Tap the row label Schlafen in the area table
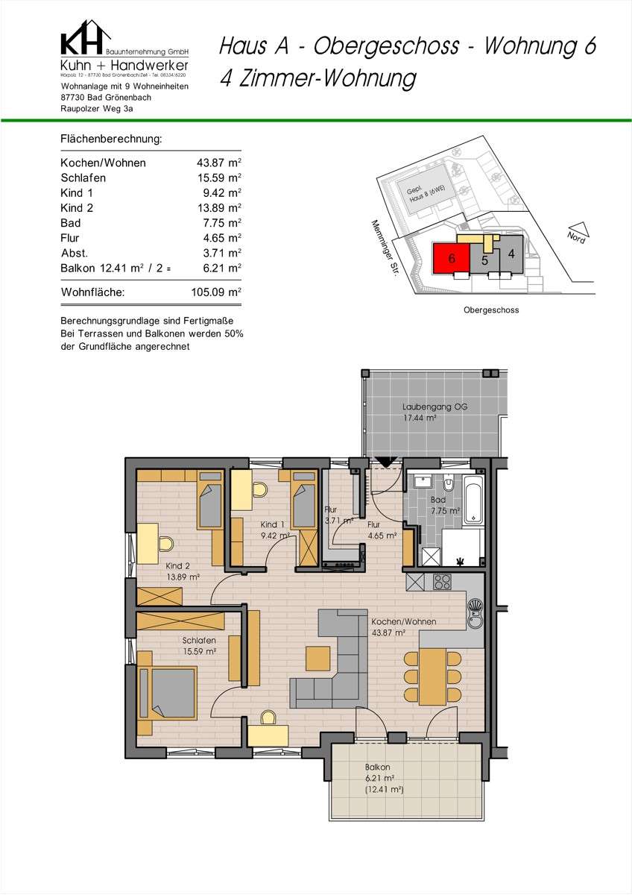pyautogui.click(x=83, y=178)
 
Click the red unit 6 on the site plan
pyautogui.click(x=451, y=259)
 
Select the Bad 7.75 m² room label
pyautogui.click(x=444, y=506)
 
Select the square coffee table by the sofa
pyautogui.click(x=318, y=658)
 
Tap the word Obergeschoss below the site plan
pyautogui.click(x=491, y=310)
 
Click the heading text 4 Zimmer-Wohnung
pyautogui.click(x=317, y=78)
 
